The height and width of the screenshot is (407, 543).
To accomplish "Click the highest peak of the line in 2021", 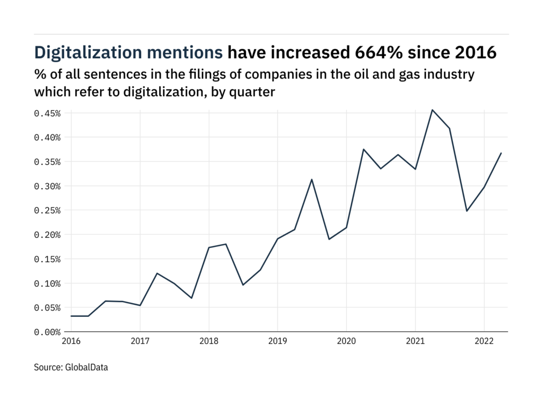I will (432, 110).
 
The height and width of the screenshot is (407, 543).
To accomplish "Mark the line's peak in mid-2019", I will (312, 179).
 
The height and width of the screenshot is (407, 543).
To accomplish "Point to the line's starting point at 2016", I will (71, 316).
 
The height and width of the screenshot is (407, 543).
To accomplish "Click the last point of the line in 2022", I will (501, 153).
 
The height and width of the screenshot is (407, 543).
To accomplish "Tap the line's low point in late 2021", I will (467, 211).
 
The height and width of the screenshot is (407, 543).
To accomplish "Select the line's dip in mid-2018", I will (243, 285).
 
